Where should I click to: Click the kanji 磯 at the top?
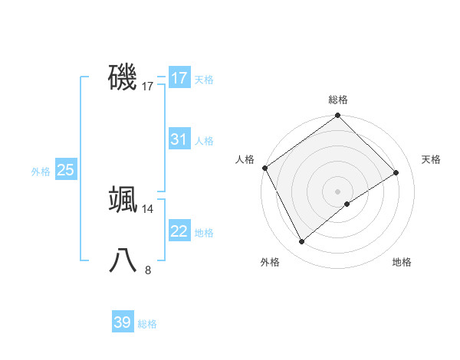(x=123, y=77)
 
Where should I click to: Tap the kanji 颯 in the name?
(x=123, y=199)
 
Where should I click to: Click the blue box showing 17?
(x=179, y=78)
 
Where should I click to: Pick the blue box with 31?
(x=179, y=139)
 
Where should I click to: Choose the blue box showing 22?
(x=179, y=231)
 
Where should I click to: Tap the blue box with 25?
(x=65, y=170)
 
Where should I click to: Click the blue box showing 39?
(x=122, y=322)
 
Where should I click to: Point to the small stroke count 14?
(x=148, y=208)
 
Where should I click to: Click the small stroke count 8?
(x=148, y=270)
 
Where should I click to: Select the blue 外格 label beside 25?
(x=41, y=172)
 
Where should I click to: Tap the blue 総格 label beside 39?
(x=147, y=324)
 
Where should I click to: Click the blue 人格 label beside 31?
(x=204, y=141)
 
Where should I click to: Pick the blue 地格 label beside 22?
(x=204, y=233)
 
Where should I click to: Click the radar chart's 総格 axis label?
(x=338, y=100)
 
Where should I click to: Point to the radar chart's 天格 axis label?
(x=431, y=159)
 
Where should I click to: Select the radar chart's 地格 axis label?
(x=402, y=262)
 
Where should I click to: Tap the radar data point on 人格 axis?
(x=264, y=168)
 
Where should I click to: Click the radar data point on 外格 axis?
(x=302, y=242)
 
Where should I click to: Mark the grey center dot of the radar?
(x=338, y=191)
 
